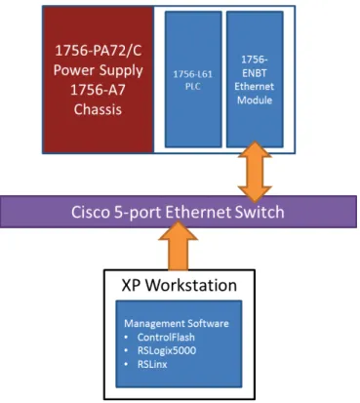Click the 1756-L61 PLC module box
click(193, 79)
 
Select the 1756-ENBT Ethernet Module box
click(255, 79)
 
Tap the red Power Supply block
click(99, 80)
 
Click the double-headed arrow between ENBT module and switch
click(255, 172)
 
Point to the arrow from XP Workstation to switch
click(178, 246)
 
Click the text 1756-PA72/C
click(99, 51)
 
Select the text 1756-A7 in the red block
click(98, 90)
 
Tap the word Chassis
click(98, 109)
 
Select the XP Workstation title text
click(180, 285)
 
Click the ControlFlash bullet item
click(166, 337)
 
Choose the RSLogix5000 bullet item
click(167, 350)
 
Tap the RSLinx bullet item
click(152, 364)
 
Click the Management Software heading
click(177, 324)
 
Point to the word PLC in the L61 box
click(193, 87)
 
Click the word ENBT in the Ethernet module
click(255, 73)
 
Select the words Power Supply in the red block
click(99, 70)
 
